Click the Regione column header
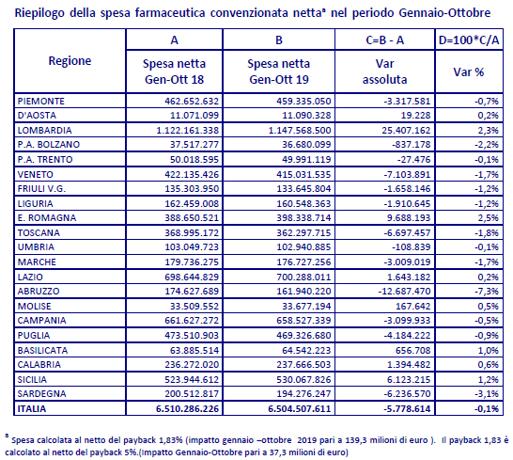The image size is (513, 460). click(70, 61)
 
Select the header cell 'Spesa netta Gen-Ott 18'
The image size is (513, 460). click(175, 71)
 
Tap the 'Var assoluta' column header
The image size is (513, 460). click(385, 71)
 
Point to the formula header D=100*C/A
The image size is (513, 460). click(469, 40)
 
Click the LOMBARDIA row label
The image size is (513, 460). click(44, 131)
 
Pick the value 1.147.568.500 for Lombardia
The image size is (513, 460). click(300, 131)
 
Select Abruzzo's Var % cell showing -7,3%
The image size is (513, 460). click(487, 292)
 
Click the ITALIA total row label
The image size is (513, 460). click(32, 409)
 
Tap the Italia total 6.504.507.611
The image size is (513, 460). click(300, 409)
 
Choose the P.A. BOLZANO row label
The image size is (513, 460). click(49, 145)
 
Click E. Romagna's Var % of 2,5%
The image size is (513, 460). click(489, 218)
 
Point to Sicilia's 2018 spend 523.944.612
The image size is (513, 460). click(192, 380)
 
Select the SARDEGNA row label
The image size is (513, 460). click(42, 393)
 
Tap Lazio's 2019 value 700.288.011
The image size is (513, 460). click(303, 278)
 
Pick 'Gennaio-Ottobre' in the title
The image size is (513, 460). click(444, 13)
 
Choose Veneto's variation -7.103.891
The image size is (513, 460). click(407, 175)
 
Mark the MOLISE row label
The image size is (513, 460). click(35, 307)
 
